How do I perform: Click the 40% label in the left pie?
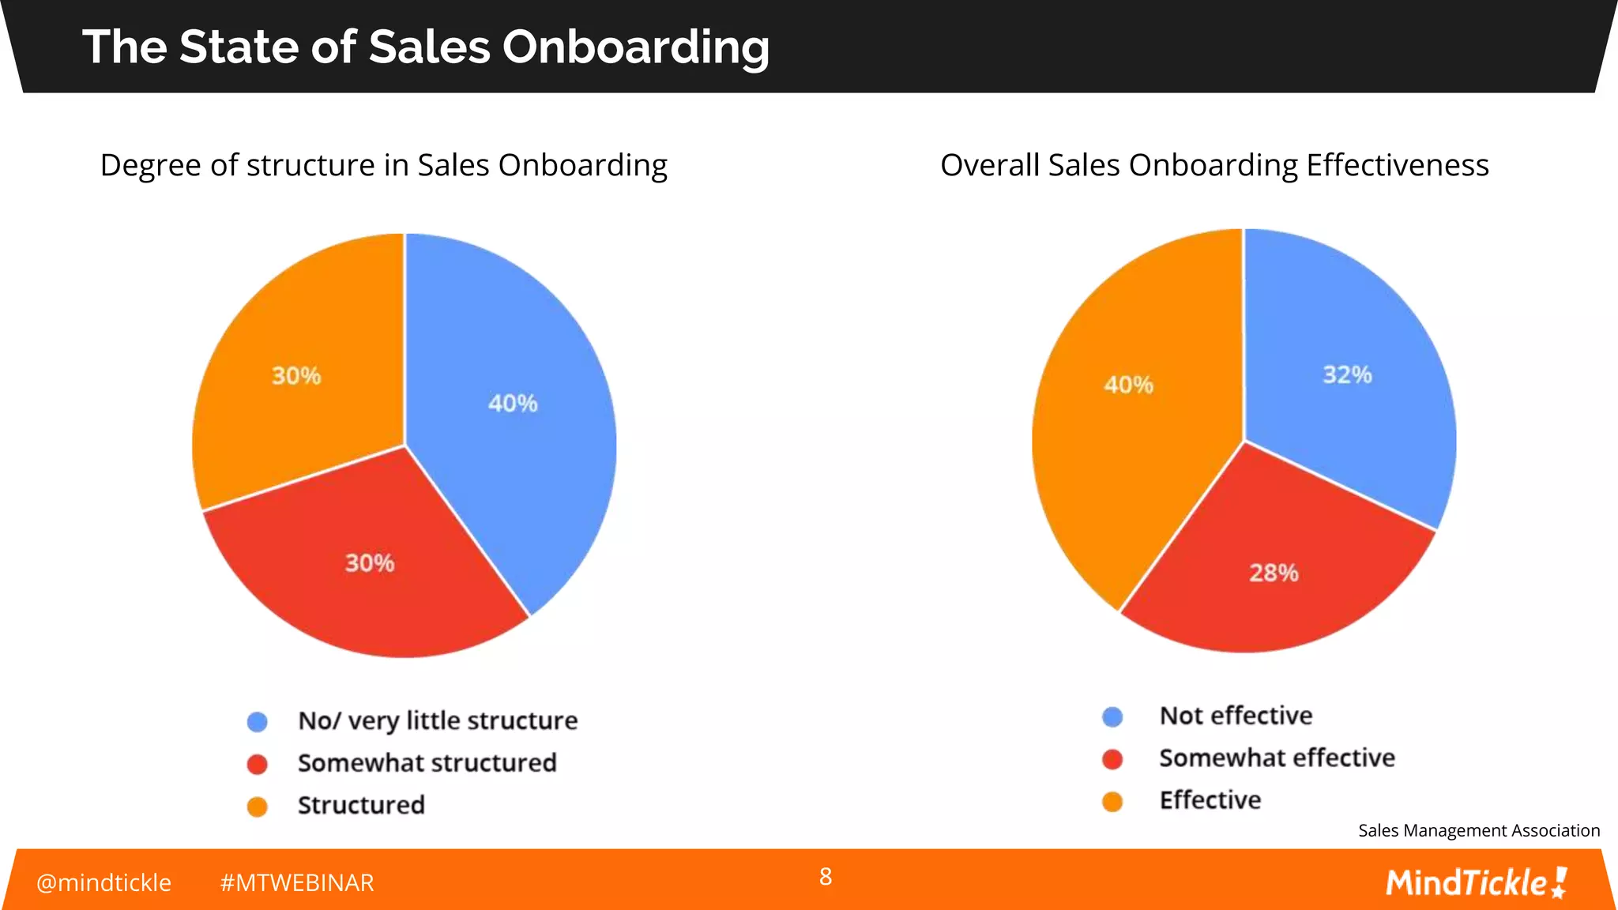(513, 404)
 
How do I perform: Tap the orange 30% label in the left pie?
(296, 375)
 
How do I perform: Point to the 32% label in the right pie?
(1347, 374)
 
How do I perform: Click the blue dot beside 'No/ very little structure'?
(258, 721)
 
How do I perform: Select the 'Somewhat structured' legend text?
(427, 763)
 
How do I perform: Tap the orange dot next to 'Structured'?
(258, 807)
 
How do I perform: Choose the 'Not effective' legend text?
(1236, 716)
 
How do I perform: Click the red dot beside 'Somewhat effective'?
(1112, 759)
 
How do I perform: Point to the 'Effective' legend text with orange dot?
(1210, 800)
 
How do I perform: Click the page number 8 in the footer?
(826, 876)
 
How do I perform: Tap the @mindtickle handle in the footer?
(103, 882)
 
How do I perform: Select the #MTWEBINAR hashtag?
(297, 882)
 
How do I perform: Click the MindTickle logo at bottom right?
(1476, 882)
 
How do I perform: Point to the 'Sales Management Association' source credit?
(1479, 830)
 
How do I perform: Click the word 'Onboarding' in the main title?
(635, 47)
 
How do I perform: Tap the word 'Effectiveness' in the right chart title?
(1397, 165)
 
